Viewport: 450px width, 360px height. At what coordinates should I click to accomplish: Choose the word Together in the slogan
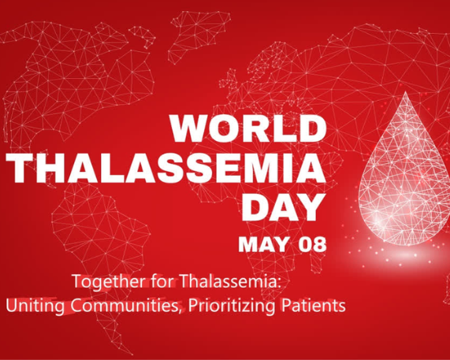pos(103,281)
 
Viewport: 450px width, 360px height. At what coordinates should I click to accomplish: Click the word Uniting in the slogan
pos(29,305)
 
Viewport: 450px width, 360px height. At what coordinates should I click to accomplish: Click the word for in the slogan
pos(146,281)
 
